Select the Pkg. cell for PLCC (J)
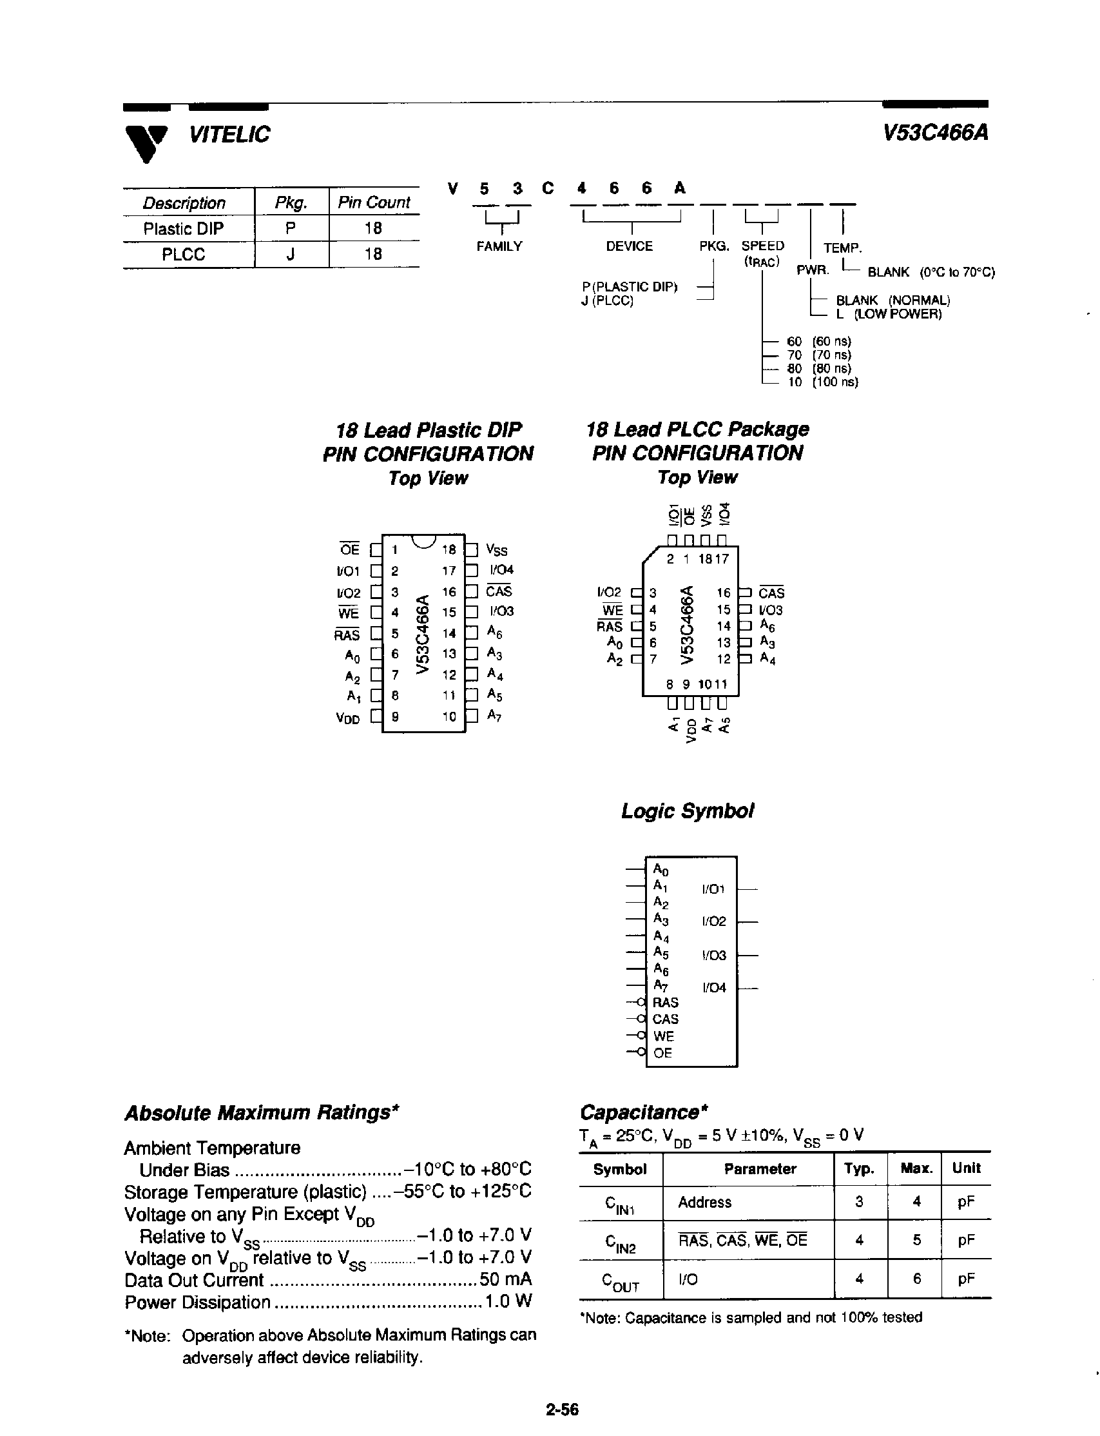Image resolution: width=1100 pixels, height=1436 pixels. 291,254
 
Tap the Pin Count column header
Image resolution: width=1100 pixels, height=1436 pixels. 373,202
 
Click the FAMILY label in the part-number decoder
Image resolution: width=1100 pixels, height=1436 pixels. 499,246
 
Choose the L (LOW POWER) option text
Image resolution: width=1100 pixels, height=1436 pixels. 889,314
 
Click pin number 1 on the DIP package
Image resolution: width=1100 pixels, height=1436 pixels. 395,550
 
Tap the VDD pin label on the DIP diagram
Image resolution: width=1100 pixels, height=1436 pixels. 348,718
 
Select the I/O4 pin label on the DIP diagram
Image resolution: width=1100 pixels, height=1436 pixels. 501,570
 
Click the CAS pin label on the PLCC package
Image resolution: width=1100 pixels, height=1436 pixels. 771,593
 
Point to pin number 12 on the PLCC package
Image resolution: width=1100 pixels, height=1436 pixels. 723,659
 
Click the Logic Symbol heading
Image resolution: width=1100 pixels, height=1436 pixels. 687,811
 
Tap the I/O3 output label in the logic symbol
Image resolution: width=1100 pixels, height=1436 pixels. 714,955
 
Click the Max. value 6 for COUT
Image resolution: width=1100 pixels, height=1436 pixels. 916,1279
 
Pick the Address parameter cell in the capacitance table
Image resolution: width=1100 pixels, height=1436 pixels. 704,1202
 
